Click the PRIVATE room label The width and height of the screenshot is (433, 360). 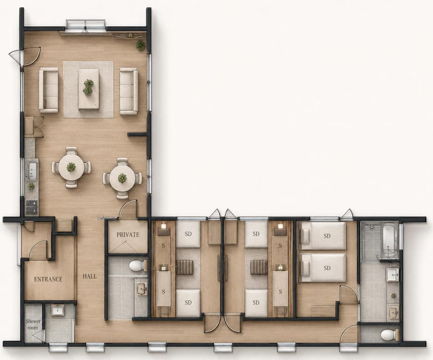pyautogui.click(x=128, y=235)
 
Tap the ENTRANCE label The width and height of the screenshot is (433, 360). pyautogui.click(x=48, y=279)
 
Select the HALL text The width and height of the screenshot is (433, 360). pyautogui.click(x=90, y=276)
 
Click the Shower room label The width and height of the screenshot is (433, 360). pyautogui.click(x=33, y=324)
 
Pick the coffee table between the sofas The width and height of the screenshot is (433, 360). pyautogui.click(x=89, y=89)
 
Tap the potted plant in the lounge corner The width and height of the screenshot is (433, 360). pyautogui.click(x=141, y=45)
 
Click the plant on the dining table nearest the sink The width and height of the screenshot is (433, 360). pyautogui.click(x=71, y=167)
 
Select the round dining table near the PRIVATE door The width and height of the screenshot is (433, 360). pyautogui.click(x=122, y=178)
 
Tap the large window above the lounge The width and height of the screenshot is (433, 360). pyautogui.click(x=86, y=24)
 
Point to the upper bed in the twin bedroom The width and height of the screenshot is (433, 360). pyautogui.click(x=322, y=236)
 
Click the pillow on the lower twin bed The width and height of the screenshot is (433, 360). pyautogui.click(x=305, y=268)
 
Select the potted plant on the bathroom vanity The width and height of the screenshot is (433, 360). pyautogui.click(x=393, y=296)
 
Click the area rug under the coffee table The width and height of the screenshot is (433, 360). pyautogui.click(x=89, y=89)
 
